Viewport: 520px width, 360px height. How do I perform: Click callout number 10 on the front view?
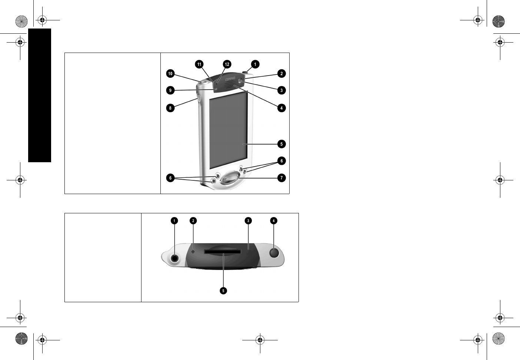pyautogui.click(x=170, y=74)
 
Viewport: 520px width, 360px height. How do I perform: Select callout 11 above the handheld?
pyautogui.click(x=199, y=64)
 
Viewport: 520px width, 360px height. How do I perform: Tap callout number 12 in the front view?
pyautogui.click(x=227, y=64)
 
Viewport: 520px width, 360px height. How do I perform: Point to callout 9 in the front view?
pyautogui.click(x=170, y=90)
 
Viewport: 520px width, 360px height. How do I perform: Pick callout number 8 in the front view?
pyautogui.click(x=170, y=108)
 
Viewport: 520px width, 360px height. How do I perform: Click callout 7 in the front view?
pyautogui.click(x=281, y=178)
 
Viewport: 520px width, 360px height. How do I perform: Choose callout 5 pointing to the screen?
pyautogui.click(x=281, y=144)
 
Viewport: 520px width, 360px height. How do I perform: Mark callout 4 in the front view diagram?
pyautogui.click(x=281, y=108)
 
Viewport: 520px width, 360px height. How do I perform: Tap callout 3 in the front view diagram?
pyautogui.click(x=281, y=90)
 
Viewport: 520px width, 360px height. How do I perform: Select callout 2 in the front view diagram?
pyautogui.click(x=281, y=74)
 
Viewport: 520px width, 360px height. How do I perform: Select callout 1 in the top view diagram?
pyautogui.click(x=174, y=221)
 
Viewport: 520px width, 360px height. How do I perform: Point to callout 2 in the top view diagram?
pyautogui.click(x=193, y=221)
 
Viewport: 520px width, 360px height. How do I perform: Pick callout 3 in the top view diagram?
pyautogui.click(x=248, y=221)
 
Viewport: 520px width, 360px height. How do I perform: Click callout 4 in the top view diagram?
pyautogui.click(x=273, y=221)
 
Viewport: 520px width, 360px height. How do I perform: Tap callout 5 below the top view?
pyautogui.click(x=223, y=291)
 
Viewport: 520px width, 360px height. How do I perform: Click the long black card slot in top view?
pyautogui.click(x=223, y=252)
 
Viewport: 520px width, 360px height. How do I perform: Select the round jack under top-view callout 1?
pyautogui.click(x=174, y=258)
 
